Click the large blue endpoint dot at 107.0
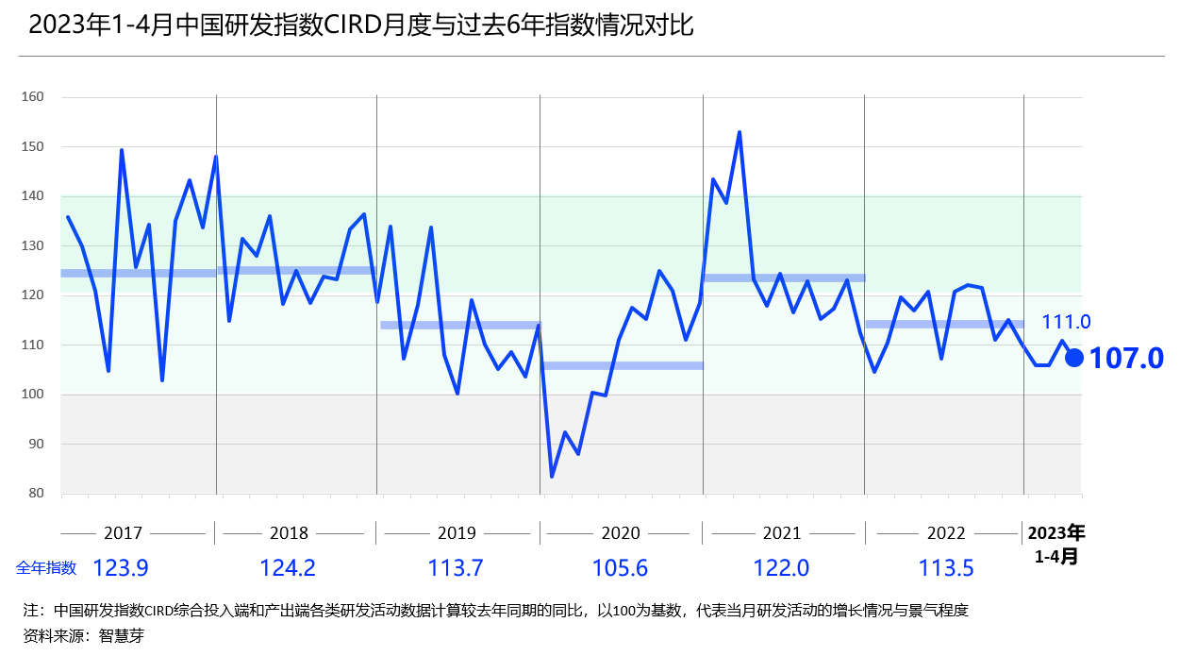1073,358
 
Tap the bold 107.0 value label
1126,359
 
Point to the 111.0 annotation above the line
1066,323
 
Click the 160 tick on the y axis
33,97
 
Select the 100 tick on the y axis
33,395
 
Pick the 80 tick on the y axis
36,494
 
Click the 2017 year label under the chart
123,533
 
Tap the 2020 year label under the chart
621,533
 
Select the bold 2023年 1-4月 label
1055,544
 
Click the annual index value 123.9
120,568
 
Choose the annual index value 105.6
620,568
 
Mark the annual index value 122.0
781,568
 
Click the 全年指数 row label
45,568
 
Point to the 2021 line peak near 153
739,132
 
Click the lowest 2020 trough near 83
552,476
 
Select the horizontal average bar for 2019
459,325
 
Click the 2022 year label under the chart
945,533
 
